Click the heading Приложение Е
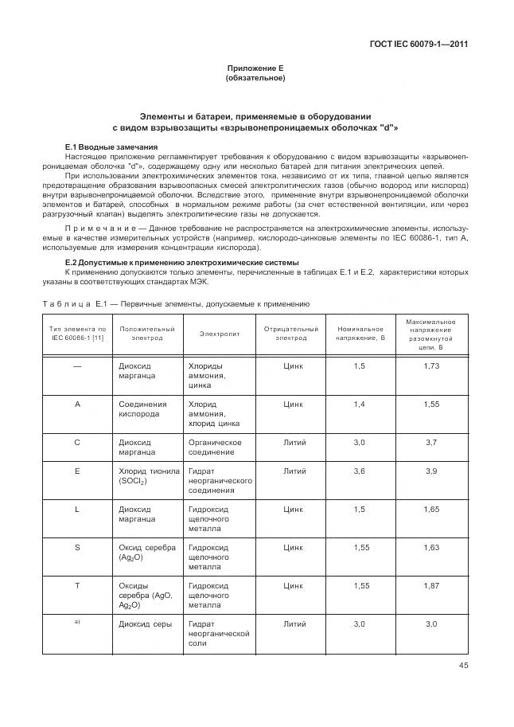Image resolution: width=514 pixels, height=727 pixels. pos(255,69)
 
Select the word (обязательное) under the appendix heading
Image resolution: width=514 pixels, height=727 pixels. pos(255,79)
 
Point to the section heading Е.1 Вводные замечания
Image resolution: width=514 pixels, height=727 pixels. pos(111,147)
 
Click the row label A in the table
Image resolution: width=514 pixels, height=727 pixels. pos(77,405)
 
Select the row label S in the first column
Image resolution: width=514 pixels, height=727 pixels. pos(77,547)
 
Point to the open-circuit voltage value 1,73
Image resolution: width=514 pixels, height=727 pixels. pos(431,365)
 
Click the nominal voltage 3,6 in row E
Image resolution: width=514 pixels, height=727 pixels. pos(360,471)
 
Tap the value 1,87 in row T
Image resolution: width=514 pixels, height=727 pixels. pos(431,585)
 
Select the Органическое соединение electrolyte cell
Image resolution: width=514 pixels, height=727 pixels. pos(215,447)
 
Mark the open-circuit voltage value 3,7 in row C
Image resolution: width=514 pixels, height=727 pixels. pos(431,442)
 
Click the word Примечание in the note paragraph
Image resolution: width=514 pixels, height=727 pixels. pos(91,228)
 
